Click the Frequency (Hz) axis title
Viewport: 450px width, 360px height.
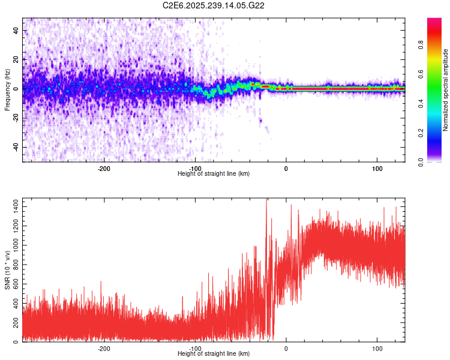[7, 89]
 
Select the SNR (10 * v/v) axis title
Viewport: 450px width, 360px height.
[7, 269]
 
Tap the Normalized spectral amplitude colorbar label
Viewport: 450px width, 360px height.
[446, 90]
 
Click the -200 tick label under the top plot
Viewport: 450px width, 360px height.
[103, 169]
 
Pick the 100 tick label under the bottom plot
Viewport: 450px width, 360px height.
[377, 349]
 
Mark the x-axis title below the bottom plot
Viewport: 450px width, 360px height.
[214, 355]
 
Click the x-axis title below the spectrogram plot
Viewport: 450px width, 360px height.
[214, 174]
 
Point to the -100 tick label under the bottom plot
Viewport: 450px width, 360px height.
[194, 349]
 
